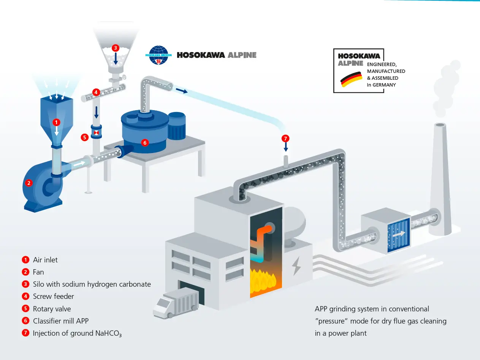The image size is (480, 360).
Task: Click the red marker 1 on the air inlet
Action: click(56, 122)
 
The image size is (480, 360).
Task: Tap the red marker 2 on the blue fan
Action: click(28, 183)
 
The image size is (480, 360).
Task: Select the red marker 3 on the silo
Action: click(115, 48)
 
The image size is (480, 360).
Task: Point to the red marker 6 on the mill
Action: click(144, 143)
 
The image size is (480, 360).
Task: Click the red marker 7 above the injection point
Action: click(285, 139)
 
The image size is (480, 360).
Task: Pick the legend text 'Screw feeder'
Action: click(53, 296)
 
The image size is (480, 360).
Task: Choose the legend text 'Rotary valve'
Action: click(52, 309)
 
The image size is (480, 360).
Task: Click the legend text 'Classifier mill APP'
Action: click(60, 321)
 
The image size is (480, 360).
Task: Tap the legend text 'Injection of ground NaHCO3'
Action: click(77, 333)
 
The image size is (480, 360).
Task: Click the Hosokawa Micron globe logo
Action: click(158, 55)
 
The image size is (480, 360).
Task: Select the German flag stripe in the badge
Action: click(352, 79)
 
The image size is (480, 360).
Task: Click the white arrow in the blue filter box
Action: click(399, 234)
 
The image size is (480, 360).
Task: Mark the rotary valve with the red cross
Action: click(97, 133)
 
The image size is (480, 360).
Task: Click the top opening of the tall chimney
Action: click(440, 125)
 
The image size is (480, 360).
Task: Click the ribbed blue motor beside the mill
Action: click(176, 126)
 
